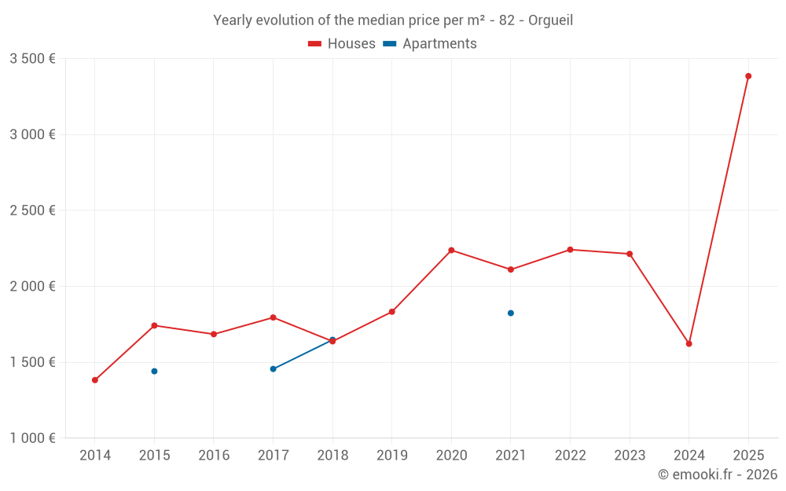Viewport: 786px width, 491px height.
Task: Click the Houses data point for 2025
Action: point(748,76)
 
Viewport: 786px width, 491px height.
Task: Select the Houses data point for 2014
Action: point(95,380)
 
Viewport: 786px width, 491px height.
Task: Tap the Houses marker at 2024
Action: point(689,344)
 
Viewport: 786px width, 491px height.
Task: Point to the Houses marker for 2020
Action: point(451,250)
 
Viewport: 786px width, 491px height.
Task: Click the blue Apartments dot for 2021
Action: point(511,313)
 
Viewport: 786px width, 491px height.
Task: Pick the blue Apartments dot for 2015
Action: point(154,371)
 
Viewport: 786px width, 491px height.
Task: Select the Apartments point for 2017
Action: point(273,368)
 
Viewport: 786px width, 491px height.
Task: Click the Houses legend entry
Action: point(342,44)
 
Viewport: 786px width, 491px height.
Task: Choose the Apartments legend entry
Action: point(430,44)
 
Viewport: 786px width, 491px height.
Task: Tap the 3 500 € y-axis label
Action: point(32,59)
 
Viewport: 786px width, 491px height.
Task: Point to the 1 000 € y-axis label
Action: point(32,438)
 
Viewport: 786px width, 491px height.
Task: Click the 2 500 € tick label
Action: point(32,211)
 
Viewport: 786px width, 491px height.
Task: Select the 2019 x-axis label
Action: point(392,456)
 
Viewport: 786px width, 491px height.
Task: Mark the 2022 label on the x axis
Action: point(570,456)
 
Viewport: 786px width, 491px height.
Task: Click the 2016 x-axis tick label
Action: point(214,456)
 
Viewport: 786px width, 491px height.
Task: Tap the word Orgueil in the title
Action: point(550,20)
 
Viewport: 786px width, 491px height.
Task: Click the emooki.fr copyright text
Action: point(718,475)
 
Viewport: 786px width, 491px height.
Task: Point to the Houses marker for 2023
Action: point(630,254)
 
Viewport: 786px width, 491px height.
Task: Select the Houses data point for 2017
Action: point(273,317)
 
